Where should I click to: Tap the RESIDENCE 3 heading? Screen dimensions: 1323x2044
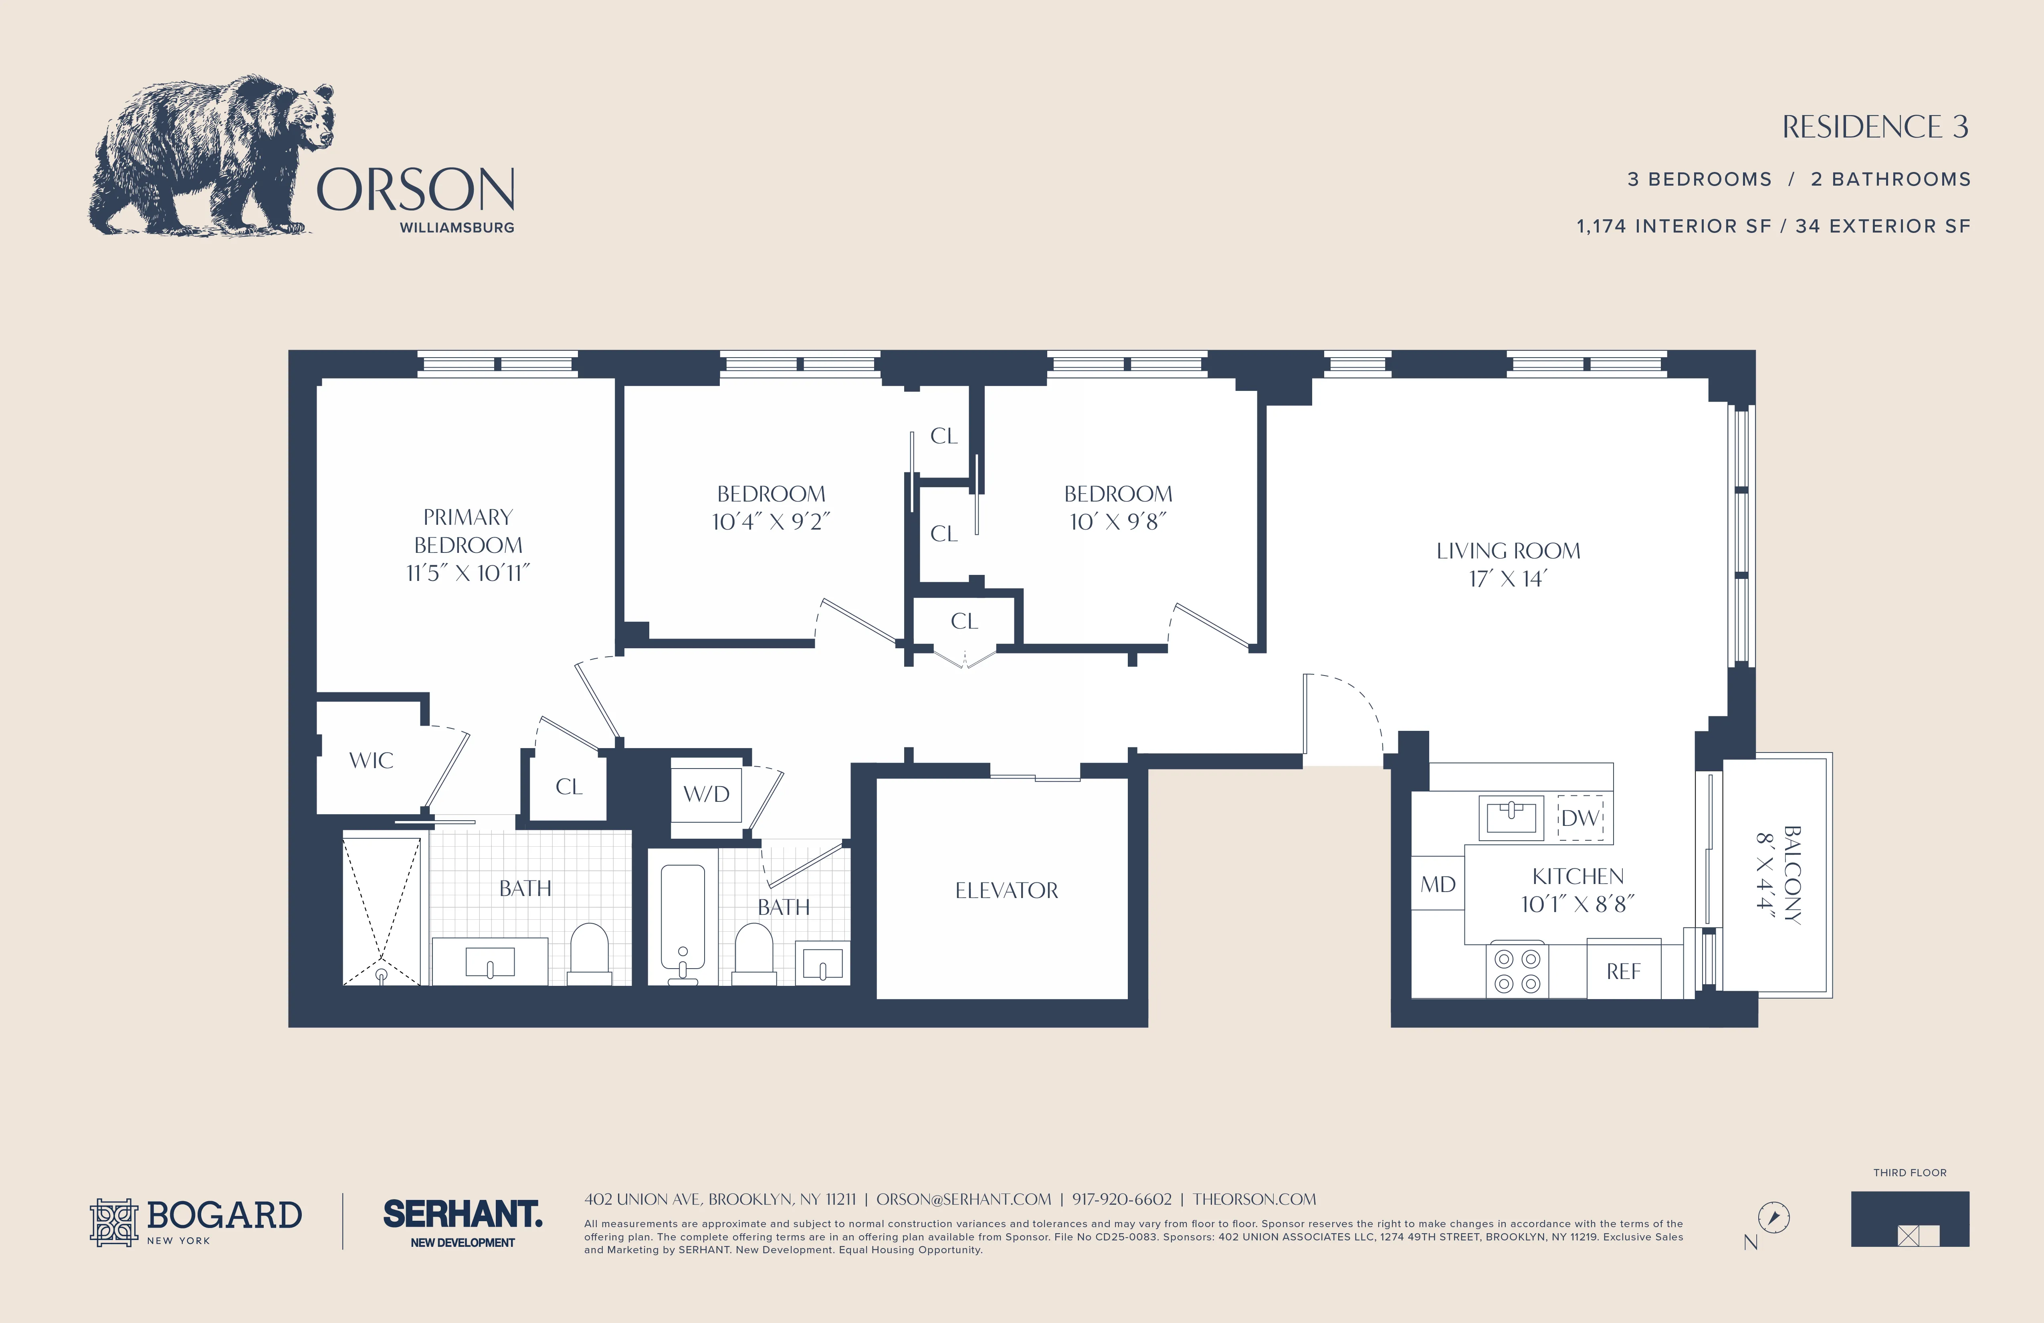click(1875, 127)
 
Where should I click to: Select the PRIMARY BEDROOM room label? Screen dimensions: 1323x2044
click(468, 531)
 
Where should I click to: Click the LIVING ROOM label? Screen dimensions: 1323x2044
click(1508, 551)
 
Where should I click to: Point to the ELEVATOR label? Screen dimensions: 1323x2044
click(1006, 890)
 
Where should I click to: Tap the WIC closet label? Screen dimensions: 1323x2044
click(371, 760)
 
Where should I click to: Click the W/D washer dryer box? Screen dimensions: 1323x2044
click(706, 794)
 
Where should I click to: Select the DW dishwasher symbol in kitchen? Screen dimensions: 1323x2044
click(1580, 818)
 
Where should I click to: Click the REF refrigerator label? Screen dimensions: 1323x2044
click(1623, 972)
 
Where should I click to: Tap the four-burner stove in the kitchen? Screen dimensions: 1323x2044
click(1517, 971)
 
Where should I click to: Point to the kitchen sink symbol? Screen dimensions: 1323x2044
click(1511, 817)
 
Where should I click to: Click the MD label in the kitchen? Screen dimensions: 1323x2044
click(1438, 884)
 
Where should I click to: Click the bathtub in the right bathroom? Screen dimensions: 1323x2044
click(683, 919)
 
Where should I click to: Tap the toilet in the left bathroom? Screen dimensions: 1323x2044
click(589, 952)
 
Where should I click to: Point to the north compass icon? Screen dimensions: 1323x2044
click(1773, 1217)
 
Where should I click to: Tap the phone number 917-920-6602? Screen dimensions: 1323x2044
click(1122, 1199)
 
